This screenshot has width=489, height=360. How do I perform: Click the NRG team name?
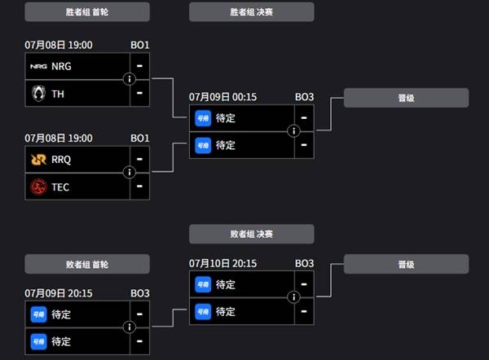(61, 67)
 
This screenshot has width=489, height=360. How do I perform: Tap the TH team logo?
(38, 94)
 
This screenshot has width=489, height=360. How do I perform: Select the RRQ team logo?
(38, 160)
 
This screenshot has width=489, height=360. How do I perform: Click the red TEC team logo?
(38, 187)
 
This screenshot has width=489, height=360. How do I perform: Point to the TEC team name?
(60, 187)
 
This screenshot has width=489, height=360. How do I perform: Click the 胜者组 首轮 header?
(87, 12)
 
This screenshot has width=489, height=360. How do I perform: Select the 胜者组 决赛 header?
(251, 12)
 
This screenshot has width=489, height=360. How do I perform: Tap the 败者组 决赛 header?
(251, 234)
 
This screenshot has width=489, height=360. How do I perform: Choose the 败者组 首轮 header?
(87, 265)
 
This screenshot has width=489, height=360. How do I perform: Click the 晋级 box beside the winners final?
(406, 98)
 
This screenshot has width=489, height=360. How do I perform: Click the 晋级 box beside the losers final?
(406, 265)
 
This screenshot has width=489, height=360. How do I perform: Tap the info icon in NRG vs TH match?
(130, 79)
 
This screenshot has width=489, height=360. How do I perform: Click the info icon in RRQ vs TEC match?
(130, 172)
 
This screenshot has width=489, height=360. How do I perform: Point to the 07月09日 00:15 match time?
(222, 97)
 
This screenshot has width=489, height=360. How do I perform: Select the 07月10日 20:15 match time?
(222, 263)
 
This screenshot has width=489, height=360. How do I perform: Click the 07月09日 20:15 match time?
(59, 293)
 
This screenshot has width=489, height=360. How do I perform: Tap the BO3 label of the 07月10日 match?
(304, 263)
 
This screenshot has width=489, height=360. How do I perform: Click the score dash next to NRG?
(139, 66)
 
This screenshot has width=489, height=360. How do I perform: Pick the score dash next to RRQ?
(139, 159)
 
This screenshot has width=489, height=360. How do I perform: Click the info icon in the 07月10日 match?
(293, 297)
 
